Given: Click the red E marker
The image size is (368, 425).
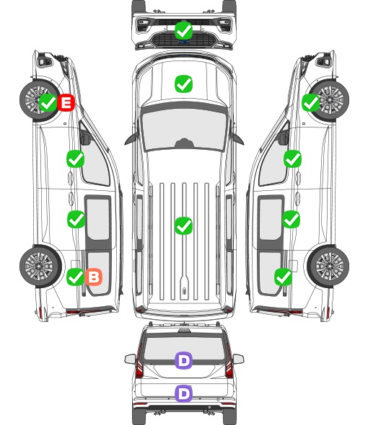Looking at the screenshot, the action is point(66,102).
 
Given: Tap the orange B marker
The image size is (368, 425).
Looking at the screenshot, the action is point(94,277).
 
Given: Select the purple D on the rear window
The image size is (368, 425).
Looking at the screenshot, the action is point(184,360).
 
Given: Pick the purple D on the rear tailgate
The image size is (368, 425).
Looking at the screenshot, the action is point(184,393).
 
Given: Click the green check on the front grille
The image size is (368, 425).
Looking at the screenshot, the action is point(184,30).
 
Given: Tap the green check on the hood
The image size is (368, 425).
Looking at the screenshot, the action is point(184,84).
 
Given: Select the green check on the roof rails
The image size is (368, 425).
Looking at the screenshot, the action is point(184,225).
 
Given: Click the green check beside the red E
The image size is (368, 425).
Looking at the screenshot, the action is point(48,102).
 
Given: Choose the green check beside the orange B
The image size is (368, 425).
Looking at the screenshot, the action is point(76,277).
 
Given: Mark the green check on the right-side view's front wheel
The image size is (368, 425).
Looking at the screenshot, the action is point(311,102).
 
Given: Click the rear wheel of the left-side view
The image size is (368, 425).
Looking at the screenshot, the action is point(40,266).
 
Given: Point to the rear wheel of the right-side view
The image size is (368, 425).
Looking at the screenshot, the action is point(328,266).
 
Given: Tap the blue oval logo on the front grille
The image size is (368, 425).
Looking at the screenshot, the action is point(184,42).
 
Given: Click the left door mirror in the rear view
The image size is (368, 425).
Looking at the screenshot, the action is point(131,359).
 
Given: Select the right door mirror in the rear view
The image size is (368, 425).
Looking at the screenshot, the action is point(238,359).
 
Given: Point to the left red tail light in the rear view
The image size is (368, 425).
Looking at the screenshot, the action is point(139,363).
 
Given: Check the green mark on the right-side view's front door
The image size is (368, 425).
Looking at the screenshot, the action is point(292,158).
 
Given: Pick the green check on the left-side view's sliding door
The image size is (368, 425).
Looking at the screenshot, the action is point(76,219).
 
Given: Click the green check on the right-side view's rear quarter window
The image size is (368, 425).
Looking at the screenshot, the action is point(284,277).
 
